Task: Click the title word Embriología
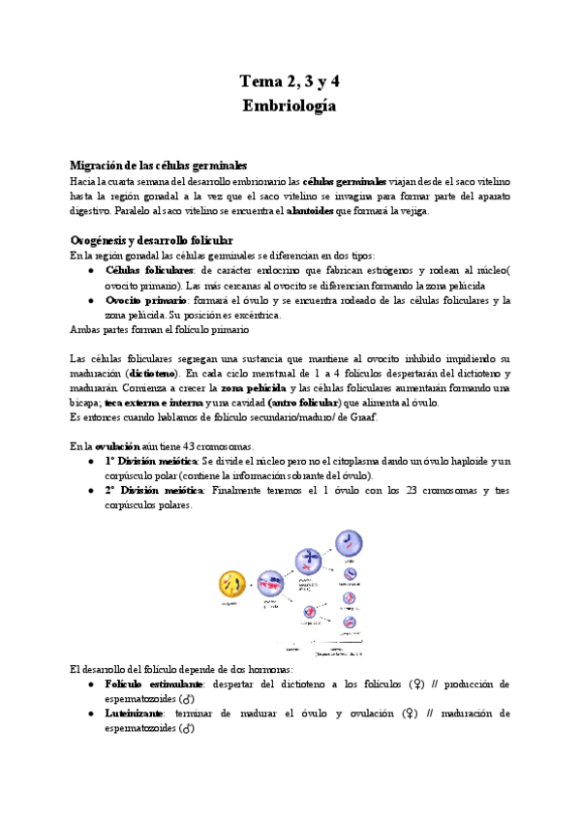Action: pyautogui.click(x=290, y=106)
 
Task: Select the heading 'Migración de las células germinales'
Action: pyautogui.click(x=159, y=166)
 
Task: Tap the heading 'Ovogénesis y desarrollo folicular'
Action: pyautogui.click(x=165, y=239)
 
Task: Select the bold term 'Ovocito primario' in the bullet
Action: pyautogui.click(x=145, y=300)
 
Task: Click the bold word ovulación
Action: pyautogui.click(x=122, y=446)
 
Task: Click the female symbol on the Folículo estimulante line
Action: pyautogui.click(x=415, y=684)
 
